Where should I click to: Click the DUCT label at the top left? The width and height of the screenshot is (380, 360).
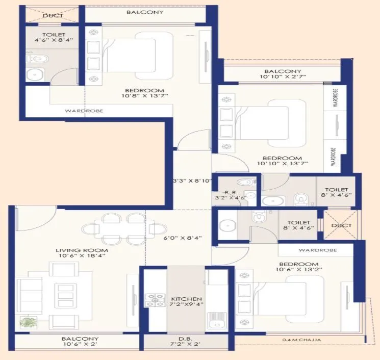53,16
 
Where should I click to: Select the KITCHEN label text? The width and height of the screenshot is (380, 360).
187,299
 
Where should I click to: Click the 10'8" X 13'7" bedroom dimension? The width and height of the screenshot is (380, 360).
145,95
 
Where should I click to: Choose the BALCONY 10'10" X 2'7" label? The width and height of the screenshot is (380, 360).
283,74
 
